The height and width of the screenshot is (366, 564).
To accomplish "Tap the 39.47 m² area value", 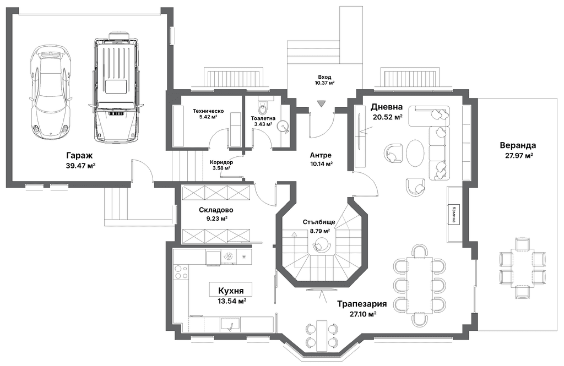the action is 80,165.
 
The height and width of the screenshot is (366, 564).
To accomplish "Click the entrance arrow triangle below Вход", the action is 322,103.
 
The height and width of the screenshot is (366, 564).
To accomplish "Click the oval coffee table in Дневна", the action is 416,152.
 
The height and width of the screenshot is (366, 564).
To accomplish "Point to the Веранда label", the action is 517,146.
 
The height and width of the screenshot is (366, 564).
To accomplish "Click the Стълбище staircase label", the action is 319,222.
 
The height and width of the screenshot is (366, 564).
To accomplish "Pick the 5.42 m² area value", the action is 208,117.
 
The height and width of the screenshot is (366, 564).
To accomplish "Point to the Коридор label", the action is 221,162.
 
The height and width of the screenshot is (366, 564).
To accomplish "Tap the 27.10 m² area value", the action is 363,314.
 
